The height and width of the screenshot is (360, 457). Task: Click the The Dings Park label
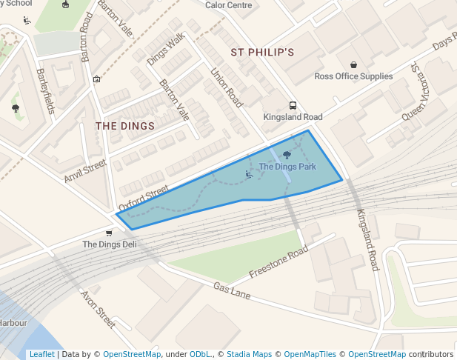(x=287, y=167)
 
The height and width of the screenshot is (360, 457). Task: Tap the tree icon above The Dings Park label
(x=287, y=155)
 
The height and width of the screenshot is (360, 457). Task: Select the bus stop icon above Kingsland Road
(x=293, y=105)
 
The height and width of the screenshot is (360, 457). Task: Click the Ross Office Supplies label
(x=353, y=76)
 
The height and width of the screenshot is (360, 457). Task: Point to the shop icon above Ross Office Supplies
(x=353, y=64)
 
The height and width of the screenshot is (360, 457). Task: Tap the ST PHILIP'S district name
(x=262, y=53)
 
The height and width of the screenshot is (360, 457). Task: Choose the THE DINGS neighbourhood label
(x=125, y=126)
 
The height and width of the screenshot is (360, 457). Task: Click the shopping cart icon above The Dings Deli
(x=109, y=233)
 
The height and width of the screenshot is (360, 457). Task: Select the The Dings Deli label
(x=109, y=244)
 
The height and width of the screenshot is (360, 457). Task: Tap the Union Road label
(x=227, y=89)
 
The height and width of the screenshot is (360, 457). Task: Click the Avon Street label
(x=98, y=309)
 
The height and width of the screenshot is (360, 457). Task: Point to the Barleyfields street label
(x=45, y=91)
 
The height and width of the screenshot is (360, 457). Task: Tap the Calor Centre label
(x=228, y=5)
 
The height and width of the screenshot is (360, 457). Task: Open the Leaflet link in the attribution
(x=41, y=354)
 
